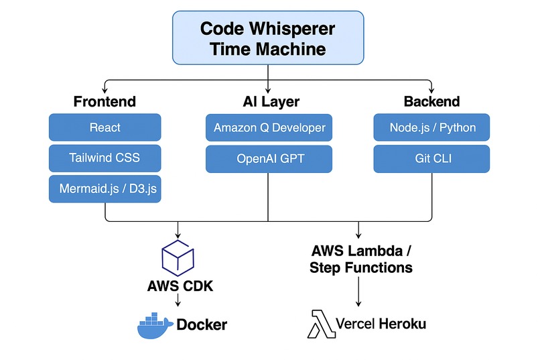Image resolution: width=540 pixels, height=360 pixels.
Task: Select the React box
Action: click(105, 127)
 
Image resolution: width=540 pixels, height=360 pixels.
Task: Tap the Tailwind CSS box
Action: click(105, 158)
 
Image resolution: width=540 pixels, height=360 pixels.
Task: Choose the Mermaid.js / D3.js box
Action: click(105, 189)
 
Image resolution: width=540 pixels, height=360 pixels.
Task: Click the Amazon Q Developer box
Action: click(269, 127)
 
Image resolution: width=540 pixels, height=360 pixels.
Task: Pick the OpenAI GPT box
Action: click(269, 158)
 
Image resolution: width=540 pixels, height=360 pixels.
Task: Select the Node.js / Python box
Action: click(431, 127)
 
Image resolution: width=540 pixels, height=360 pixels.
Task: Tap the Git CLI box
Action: click(431, 158)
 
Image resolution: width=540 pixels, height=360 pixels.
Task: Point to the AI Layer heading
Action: click(269, 102)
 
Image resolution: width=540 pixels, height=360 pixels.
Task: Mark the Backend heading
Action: click(431, 102)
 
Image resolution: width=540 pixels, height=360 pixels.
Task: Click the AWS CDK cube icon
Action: click(178, 257)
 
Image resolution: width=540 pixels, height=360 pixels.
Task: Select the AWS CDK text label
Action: click(178, 286)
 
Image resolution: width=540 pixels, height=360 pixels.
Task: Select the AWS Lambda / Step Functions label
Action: click(360, 259)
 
